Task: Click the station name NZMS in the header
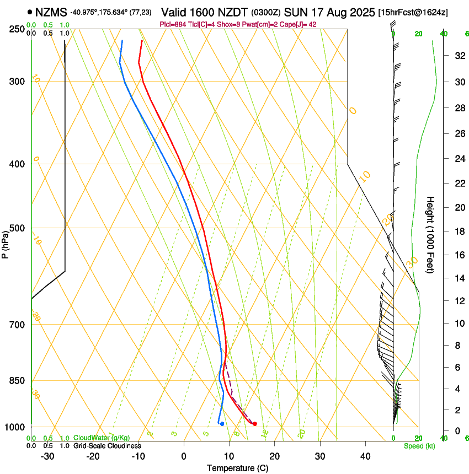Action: click(50, 12)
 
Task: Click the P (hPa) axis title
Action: click(5, 243)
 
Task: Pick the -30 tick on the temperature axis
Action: click(47, 456)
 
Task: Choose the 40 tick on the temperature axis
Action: click(365, 456)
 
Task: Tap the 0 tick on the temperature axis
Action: click(184, 456)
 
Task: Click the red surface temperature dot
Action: click(254, 424)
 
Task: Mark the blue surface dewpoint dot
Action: click(222, 424)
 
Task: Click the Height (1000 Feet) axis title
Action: click(430, 234)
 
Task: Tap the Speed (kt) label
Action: click(419, 446)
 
